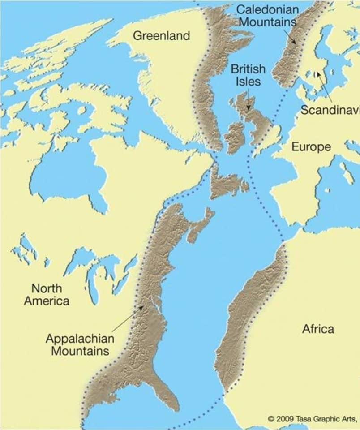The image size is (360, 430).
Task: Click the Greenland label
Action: click(x=162, y=35)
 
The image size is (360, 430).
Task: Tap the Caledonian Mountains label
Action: click(x=267, y=15)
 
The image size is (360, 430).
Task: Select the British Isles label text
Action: click(x=248, y=75)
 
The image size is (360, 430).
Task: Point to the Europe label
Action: click(x=311, y=146)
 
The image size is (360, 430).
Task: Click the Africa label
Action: click(x=318, y=329)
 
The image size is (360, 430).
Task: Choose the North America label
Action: click(x=47, y=294)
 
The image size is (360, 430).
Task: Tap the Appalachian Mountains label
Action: click(x=80, y=344)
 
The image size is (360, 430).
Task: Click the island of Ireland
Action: click(x=235, y=137)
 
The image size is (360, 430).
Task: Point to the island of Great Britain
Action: click(x=257, y=121)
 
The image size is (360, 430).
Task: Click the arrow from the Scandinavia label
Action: click(x=324, y=87)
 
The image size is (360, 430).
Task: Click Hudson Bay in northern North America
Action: click(x=67, y=175)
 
